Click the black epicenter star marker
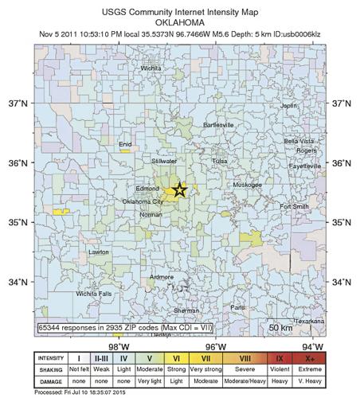coord(180,190)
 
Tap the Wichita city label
coord(151,68)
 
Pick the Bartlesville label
coord(219,126)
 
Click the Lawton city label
coord(99,252)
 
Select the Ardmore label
coord(162,277)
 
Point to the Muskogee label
coord(246,184)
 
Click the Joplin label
coord(288,106)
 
